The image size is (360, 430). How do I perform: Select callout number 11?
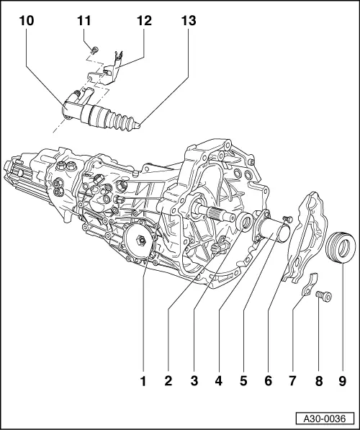tap(84, 22)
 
